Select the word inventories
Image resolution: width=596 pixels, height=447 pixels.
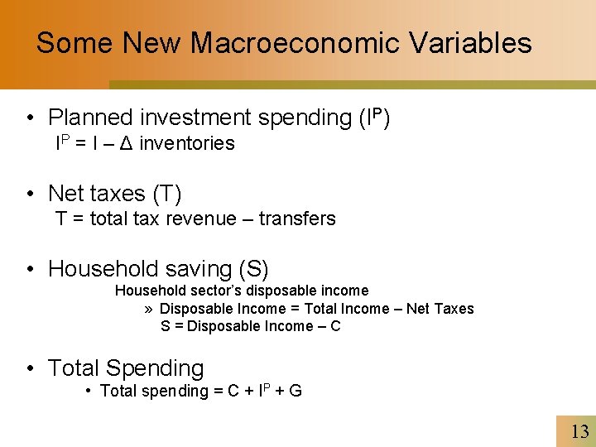click(187, 144)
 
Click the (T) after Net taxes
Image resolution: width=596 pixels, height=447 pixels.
click(166, 194)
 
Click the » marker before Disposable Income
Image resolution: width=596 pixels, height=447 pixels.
click(148, 309)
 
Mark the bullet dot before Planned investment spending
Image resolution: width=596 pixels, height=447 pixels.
click(30, 118)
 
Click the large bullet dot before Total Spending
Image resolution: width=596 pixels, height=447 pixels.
click(30, 368)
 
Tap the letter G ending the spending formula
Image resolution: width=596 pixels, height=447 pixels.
click(296, 391)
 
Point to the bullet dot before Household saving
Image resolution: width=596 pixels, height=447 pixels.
click(30, 269)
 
